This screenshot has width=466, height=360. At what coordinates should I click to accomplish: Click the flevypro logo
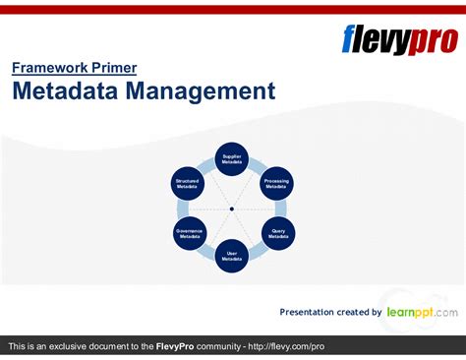[398, 39]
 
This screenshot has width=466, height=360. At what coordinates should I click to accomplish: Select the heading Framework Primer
[74, 68]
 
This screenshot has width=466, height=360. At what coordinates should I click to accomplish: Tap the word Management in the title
[202, 91]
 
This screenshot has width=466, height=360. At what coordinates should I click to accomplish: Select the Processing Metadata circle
[277, 183]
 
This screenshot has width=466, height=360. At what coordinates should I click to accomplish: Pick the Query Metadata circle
[277, 234]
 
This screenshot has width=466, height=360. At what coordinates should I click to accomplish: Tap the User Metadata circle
[232, 256]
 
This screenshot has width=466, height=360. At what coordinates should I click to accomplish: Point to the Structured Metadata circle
[187, 183]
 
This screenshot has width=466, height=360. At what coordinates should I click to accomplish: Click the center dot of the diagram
[232, 209]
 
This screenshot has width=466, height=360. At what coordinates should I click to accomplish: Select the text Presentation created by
[330, 312]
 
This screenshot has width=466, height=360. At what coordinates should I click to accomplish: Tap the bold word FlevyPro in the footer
[180, 347]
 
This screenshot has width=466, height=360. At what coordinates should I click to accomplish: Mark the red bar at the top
[233, 9]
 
